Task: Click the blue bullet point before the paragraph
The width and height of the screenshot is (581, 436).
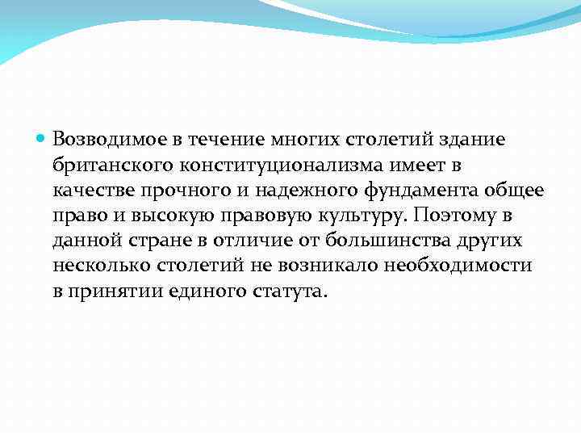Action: (x=43, y=139)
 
